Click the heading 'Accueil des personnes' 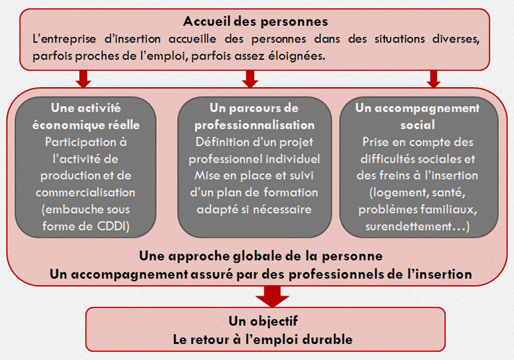point(256,22)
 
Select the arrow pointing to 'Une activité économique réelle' point(84,78)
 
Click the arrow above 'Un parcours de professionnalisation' point(250,78)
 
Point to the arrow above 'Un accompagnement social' point(433,78)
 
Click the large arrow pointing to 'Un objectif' point(272,297)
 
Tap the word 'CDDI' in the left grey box point(112,226)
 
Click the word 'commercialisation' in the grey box point(85,192)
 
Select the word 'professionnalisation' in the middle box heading point(254,125)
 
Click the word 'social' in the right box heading point(418,125)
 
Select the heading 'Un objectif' point(263,321)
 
